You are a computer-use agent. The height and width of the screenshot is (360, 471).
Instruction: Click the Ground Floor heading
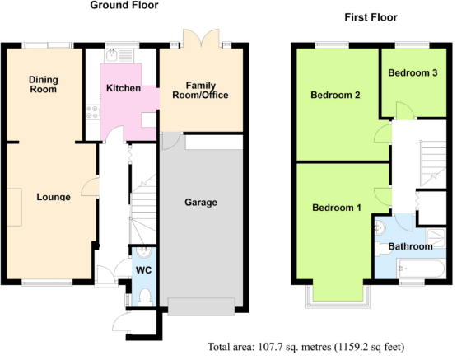point(124,5)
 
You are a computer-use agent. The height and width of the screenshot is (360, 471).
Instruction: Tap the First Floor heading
point(371,17)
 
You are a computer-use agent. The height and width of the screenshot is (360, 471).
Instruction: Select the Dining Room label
point(44,85)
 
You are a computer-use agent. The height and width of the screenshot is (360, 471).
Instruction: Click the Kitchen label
point(124,88)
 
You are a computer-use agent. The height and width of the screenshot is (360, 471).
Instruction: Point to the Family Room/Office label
point(200,90)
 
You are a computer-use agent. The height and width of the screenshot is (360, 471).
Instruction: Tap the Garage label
point(201,202)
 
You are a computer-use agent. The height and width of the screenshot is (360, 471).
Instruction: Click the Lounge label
point(54,197)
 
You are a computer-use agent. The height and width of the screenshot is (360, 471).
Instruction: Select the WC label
point(143,270)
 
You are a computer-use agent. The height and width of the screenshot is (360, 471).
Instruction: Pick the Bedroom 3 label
point(413,72)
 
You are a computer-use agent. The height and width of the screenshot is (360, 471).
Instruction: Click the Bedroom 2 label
point(335,95)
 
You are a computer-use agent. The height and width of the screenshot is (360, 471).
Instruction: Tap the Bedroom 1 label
point(337,208)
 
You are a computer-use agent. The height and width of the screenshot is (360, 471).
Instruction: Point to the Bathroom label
point(410,246)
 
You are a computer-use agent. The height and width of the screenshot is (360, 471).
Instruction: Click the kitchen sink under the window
point(119,55)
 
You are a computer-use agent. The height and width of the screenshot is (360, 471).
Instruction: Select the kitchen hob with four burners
point(93,112)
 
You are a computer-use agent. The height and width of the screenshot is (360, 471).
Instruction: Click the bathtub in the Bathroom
point(421,269)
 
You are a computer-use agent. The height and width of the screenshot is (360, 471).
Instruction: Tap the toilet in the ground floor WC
point(145,297)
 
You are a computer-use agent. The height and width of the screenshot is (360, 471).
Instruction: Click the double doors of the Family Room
point(201,38)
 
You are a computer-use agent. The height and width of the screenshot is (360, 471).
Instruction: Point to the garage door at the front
point(201,306)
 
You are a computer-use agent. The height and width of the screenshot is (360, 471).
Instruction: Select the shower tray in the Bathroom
point(436,238)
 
